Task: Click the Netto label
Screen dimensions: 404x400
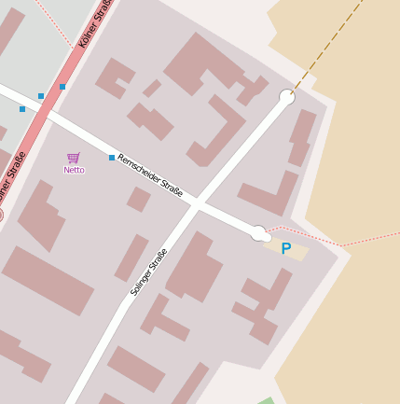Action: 74,170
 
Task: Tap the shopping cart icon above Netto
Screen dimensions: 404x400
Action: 74,158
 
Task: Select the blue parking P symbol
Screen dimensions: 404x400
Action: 286,249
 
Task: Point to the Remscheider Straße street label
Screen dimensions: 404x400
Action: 149,175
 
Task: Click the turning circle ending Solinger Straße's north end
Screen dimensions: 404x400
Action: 287,97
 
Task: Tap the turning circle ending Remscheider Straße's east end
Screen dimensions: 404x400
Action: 258,233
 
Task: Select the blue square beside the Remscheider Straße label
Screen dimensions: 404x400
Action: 112,158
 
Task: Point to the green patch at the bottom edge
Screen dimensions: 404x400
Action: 267,400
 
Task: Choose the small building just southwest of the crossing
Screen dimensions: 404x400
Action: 139,199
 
